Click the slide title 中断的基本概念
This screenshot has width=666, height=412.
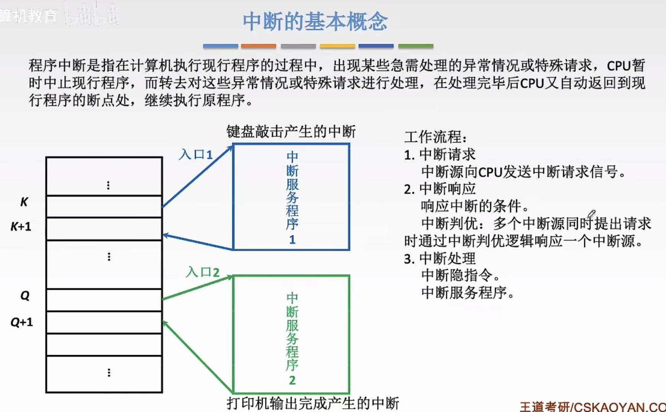click(315, 21)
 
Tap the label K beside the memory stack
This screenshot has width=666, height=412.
click(24, 202)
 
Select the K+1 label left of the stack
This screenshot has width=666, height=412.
click(21, 226)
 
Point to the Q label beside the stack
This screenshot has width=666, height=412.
click(25, 296)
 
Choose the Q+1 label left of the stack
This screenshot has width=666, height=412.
click(22, 322)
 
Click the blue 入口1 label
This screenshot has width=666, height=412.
click(196, 155)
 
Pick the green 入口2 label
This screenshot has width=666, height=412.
click(203, 272)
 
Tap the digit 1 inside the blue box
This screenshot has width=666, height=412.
click(292, 240)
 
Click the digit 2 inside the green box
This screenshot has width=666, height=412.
click(292, 380)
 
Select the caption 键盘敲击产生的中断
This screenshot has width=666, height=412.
click(291, 132)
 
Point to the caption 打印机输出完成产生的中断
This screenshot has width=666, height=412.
click(313, 403)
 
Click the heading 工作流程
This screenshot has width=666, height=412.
click(435, 137)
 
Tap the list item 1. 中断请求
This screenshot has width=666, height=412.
click(440, 155)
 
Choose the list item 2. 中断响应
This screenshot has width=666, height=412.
click(440, 189)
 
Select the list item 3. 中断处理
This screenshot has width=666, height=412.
click(440, 259)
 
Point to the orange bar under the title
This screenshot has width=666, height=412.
click(258, 46)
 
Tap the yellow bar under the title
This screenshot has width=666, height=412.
click(337, 46)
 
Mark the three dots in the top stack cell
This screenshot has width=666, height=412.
click(109, 185)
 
